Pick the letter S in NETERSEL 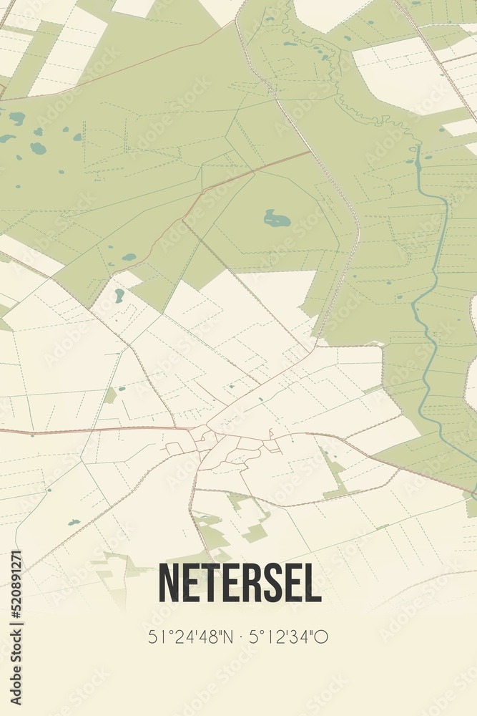point(269,584)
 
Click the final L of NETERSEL point(311,584)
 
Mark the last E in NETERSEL point(290,584)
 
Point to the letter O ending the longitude point(322,637)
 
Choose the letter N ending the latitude point(227,637)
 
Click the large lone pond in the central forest point(277,219)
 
